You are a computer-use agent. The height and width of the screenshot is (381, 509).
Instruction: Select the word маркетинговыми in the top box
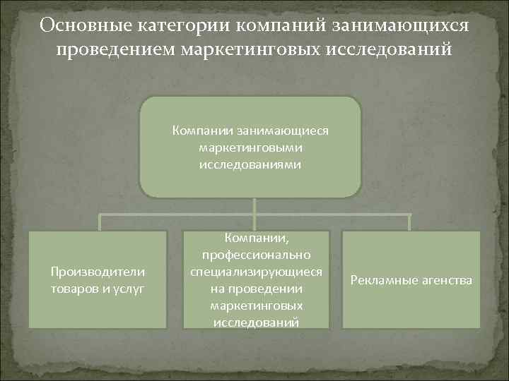tap(250, 147)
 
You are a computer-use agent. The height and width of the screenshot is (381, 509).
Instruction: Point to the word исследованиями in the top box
tap(250, 165)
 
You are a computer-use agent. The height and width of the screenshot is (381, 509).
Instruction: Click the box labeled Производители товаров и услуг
tap(97, 279)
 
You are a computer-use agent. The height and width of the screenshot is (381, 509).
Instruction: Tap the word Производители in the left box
tap(97, 272)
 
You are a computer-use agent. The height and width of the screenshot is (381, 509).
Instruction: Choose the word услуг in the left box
tap(129, 289)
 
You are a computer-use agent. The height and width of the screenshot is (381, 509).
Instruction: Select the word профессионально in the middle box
tap(256, 254)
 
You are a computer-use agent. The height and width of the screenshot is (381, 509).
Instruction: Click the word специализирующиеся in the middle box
tap(256, 272)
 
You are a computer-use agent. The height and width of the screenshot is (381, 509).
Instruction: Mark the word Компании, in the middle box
tap(256, 238)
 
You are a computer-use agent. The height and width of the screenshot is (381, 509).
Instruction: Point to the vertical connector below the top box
tap(254, 205)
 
